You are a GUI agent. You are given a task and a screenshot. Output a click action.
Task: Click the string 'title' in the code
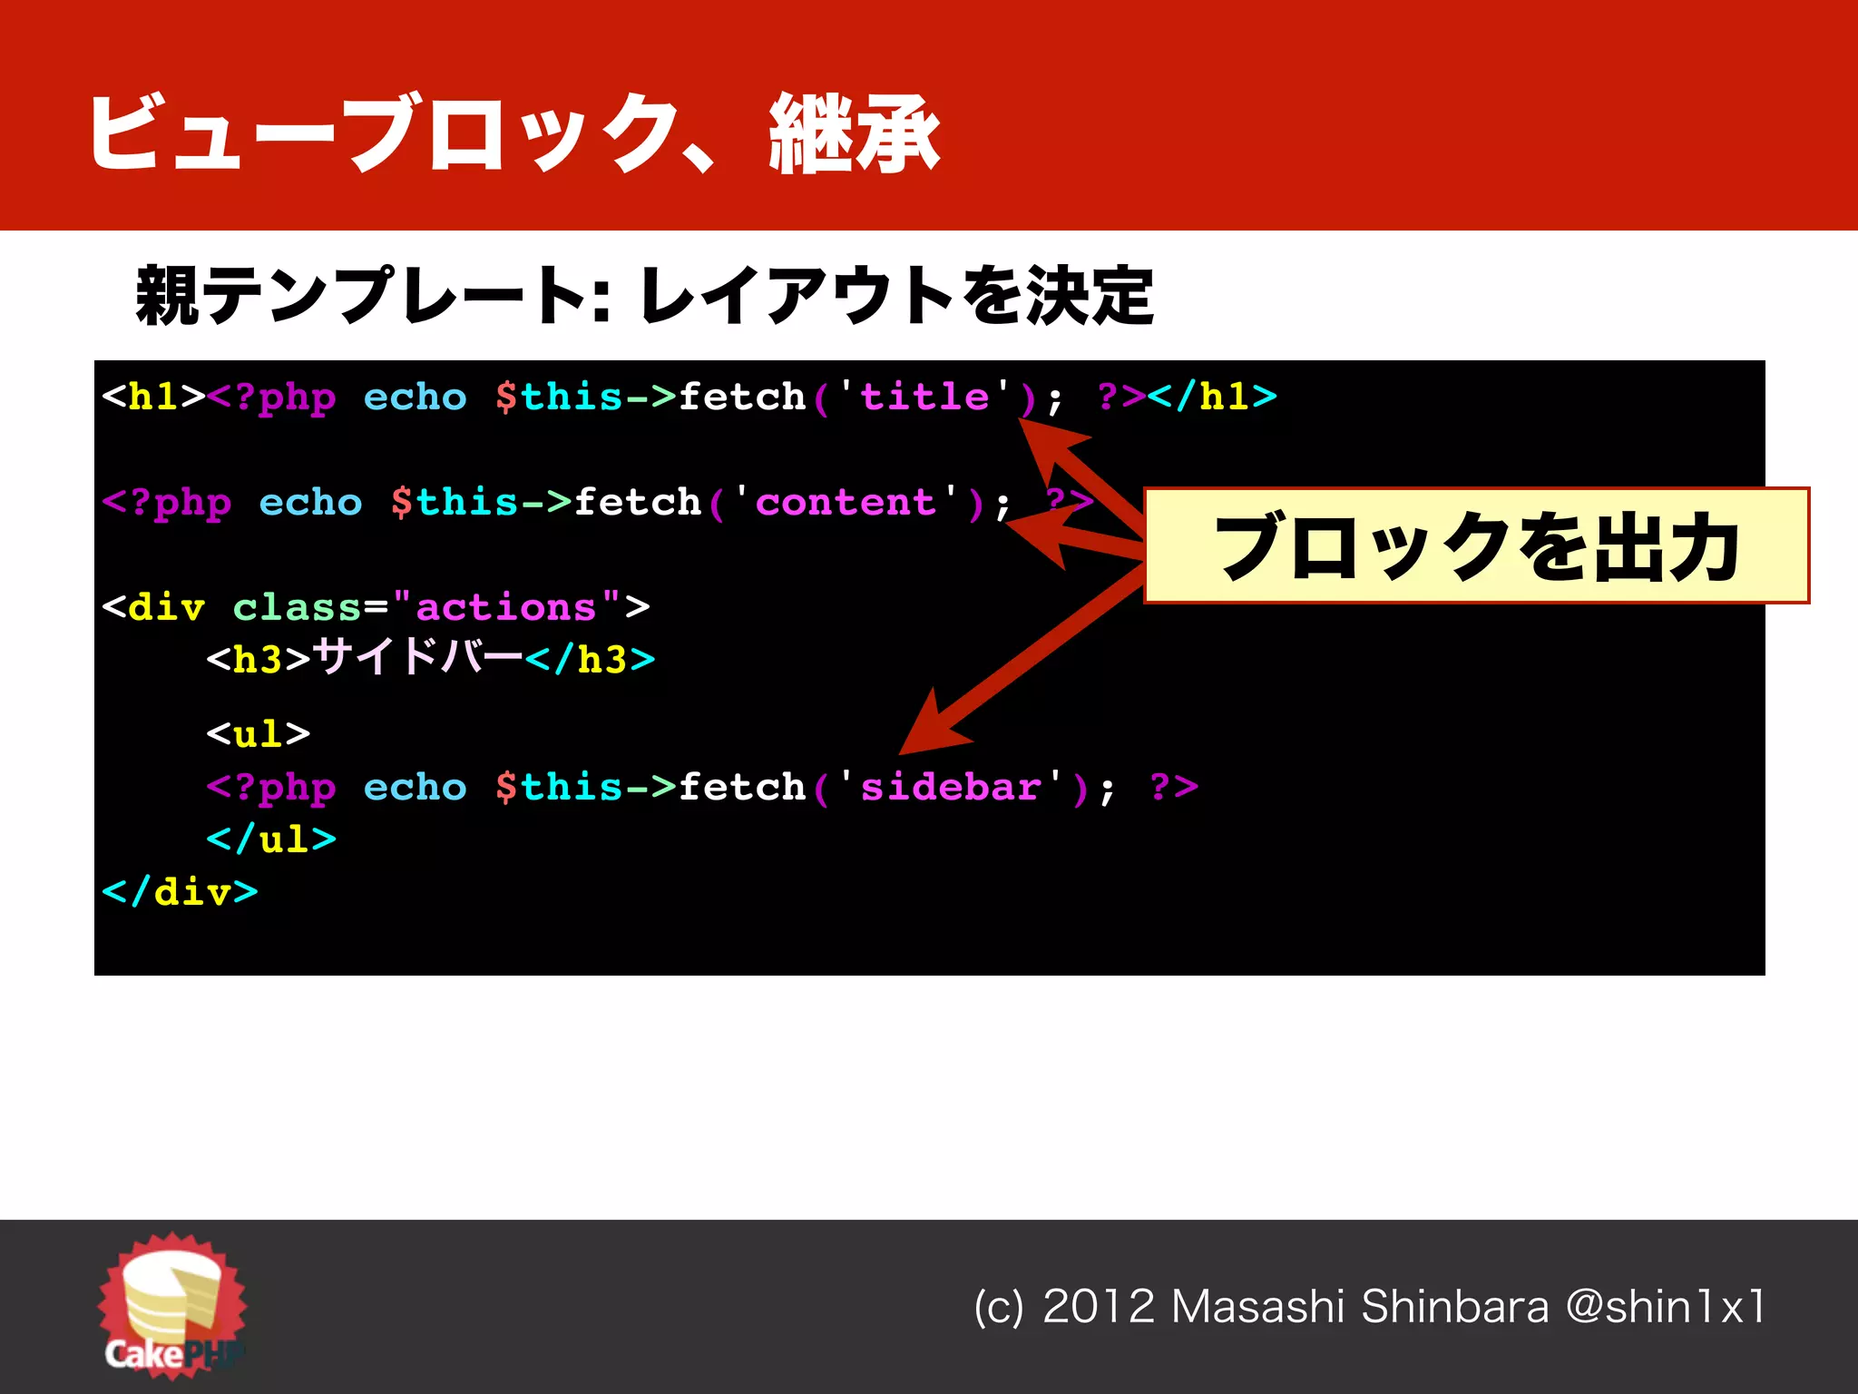[924, 397]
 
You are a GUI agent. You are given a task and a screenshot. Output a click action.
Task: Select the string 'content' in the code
[846, 502]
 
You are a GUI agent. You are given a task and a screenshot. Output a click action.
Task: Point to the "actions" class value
[505, 607]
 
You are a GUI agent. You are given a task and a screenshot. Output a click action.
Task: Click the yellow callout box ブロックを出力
[1476, 545]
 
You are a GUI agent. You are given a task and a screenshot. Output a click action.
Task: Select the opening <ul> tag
[259, 733]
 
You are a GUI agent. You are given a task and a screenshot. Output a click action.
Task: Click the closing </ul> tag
[271, 839]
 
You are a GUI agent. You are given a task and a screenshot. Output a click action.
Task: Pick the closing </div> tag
[180, 892]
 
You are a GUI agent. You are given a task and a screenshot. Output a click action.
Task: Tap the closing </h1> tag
[1212, 397]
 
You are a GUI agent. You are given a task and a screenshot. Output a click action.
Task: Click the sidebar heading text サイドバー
[417, 656]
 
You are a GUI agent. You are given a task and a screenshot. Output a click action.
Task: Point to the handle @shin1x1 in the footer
[1666, 1307]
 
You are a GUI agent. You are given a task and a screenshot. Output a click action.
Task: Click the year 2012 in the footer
[1098, 1307]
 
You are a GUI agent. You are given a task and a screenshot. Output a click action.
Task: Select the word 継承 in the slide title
[854, 135]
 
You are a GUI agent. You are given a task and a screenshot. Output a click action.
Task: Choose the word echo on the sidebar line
[415, 787]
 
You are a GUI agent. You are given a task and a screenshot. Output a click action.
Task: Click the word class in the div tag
[297, 607]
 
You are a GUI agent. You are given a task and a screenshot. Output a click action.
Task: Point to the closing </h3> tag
[590, 659]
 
